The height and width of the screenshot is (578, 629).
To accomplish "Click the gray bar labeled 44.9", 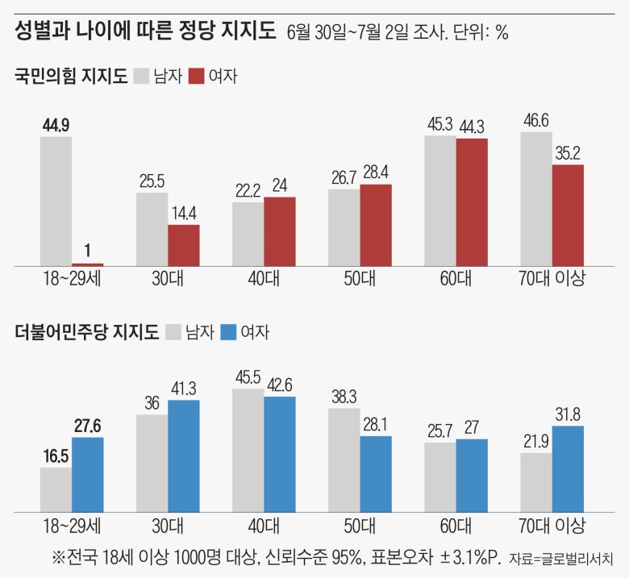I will (x=56, y=201).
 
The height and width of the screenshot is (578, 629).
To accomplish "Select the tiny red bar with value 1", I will (x=87, y=264).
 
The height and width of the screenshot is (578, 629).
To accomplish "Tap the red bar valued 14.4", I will (x=184, y=245).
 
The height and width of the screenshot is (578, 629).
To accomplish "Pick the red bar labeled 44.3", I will (x=472, y=202).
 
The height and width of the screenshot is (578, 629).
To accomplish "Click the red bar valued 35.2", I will (x=568, y=215).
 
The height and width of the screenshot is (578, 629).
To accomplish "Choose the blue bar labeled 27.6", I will (x=87, y=474).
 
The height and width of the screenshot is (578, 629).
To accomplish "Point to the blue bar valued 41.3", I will (x=184, y=455).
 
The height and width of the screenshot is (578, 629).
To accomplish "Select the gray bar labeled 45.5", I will (x=248, y=450).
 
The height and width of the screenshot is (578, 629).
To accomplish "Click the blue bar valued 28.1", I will (x=376, y=473).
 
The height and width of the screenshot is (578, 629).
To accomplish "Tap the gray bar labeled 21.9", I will (x=536, y=481).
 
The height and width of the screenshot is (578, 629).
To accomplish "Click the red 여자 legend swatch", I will (x=196, y=77).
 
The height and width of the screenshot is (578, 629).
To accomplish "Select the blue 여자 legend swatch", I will (x=229, y=331).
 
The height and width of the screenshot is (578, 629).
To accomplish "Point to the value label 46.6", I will (x=536, y=121).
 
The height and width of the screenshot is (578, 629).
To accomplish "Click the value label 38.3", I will (x=344, y=397).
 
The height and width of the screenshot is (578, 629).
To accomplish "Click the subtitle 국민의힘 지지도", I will (x=71, y=77).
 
